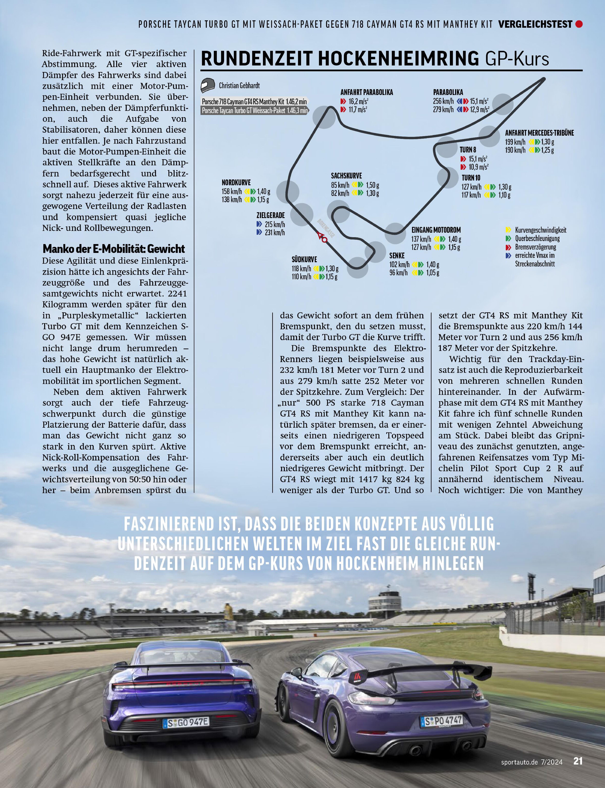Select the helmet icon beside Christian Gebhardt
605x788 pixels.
click(208, 85)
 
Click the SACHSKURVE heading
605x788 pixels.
click(346, 176)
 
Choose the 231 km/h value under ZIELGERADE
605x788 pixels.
click(274, 233)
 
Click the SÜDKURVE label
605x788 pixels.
click(304, 259)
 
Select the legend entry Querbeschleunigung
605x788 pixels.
click(537, 238)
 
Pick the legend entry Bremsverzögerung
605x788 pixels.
click(536, 247)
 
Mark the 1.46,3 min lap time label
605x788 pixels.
click(297, 111)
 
